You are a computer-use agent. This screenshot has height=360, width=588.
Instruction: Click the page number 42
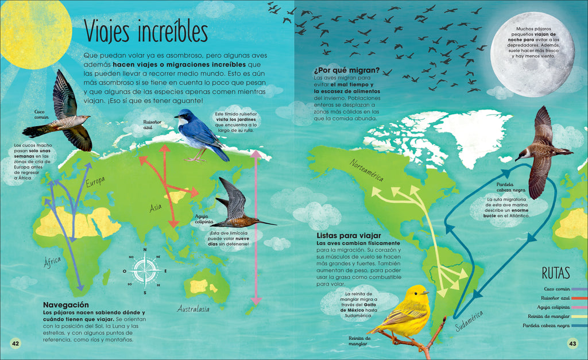coord(16,343)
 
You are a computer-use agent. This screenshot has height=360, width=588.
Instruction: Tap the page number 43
coord(572,343)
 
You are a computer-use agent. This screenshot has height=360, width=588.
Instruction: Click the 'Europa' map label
coord(95,182)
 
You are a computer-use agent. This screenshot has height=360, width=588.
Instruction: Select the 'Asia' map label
coord(156,208)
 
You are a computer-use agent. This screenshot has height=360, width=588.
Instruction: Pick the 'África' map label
coord(52,262)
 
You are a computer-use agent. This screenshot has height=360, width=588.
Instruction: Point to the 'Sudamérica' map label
coord(469,321)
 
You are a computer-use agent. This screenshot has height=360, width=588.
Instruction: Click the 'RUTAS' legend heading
coord(556,272)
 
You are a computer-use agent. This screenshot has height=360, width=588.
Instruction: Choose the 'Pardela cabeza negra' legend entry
coord(546,326)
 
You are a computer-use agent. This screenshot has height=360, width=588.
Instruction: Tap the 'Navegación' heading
coord(66,304)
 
